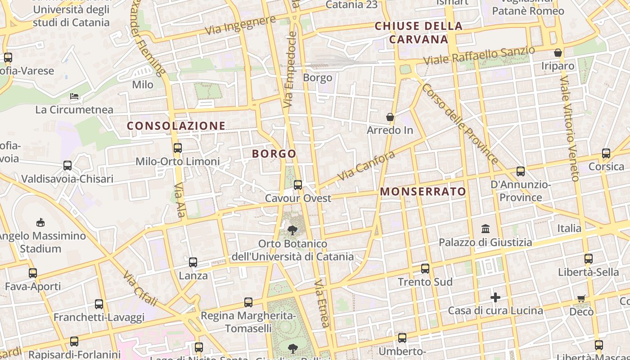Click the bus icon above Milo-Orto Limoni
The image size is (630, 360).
(178, 148)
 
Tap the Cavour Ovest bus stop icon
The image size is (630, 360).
(297, 184)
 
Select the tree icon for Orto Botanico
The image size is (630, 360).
(292, 230)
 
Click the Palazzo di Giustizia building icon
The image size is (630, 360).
(486, 229)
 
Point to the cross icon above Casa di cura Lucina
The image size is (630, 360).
(495, 297)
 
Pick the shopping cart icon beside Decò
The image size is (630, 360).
(581, 298)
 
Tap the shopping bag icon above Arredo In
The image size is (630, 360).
(390, 117)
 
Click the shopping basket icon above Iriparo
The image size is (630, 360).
(558, 53)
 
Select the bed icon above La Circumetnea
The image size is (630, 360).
(74, 96)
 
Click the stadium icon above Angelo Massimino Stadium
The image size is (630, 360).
(40, 222)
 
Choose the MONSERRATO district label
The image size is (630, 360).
(423, 192)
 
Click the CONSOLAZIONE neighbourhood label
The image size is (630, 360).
(176, 126)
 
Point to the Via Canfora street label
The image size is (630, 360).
(366, 166)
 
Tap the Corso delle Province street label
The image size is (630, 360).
(459, 124)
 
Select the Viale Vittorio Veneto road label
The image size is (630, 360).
(569, 128)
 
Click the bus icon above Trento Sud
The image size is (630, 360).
(425, 269)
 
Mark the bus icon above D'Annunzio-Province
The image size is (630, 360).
(521, 171)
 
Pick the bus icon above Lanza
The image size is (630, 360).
(193, 262)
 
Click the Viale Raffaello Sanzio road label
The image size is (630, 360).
(479, 55)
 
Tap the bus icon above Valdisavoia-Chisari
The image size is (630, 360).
(67, 166)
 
